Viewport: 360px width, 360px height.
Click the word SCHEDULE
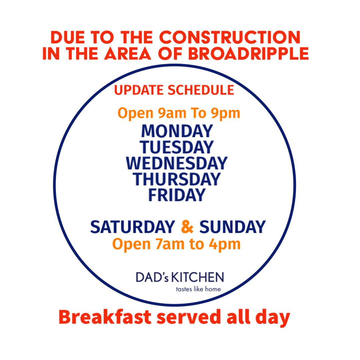pos(201,90)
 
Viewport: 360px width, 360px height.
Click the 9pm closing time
pos(226,113)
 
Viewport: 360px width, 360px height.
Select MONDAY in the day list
pos(177,131)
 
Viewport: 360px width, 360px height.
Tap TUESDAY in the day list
pos(177,147)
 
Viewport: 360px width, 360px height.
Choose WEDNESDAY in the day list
pos(177,163)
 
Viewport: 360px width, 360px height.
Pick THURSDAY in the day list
pos(177,179)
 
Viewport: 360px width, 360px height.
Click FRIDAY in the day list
pos(177,195)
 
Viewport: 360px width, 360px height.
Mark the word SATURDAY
pos(132,227)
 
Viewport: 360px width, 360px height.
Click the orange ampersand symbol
pos(187,227)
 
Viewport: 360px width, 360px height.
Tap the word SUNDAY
pos(232,227)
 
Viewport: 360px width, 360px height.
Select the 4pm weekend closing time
pos(225,244)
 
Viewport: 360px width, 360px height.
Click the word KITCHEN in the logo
pos(198,277)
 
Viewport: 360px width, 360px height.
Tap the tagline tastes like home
pos(198,289)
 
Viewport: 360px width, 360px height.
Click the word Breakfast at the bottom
pos(105,317)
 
